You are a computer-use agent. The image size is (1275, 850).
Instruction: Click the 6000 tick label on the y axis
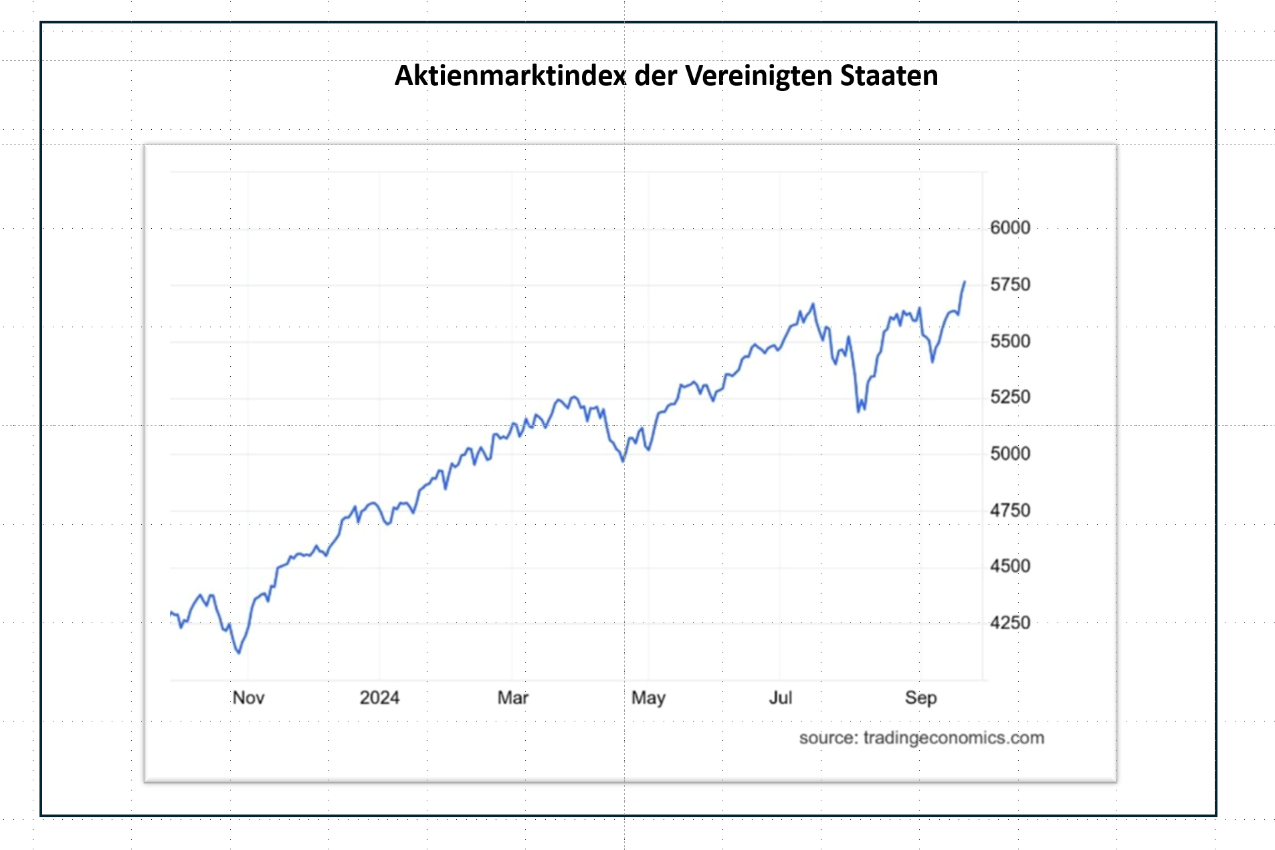1009,228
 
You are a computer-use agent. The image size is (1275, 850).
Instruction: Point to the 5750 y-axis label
1009,284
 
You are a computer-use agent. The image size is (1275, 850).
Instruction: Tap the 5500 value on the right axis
1009,341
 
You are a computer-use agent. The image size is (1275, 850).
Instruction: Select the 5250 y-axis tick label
1009,397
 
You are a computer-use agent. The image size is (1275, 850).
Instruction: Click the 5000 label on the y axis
1009,454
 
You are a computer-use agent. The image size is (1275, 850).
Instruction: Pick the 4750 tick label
1009,511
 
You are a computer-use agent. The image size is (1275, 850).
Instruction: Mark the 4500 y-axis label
1009,566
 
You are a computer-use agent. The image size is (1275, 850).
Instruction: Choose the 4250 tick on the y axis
1009,623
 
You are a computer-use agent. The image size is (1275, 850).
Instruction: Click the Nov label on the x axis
248,697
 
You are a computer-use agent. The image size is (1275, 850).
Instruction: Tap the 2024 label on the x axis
379,697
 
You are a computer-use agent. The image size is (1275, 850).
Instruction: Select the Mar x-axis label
512,697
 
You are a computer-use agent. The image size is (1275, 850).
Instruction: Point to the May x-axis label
648,698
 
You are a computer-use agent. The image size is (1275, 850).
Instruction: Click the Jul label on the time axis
780,697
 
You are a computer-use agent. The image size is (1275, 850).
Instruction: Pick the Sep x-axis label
920,697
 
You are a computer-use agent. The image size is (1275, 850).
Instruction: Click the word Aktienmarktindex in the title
510,76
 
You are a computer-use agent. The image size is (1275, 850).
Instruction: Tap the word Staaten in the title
889,76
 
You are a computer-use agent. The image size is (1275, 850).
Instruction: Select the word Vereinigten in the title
759,76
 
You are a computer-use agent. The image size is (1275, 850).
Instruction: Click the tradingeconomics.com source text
953,738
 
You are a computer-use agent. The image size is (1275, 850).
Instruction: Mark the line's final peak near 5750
965,282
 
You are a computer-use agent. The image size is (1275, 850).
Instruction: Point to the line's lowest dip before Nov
239,653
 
